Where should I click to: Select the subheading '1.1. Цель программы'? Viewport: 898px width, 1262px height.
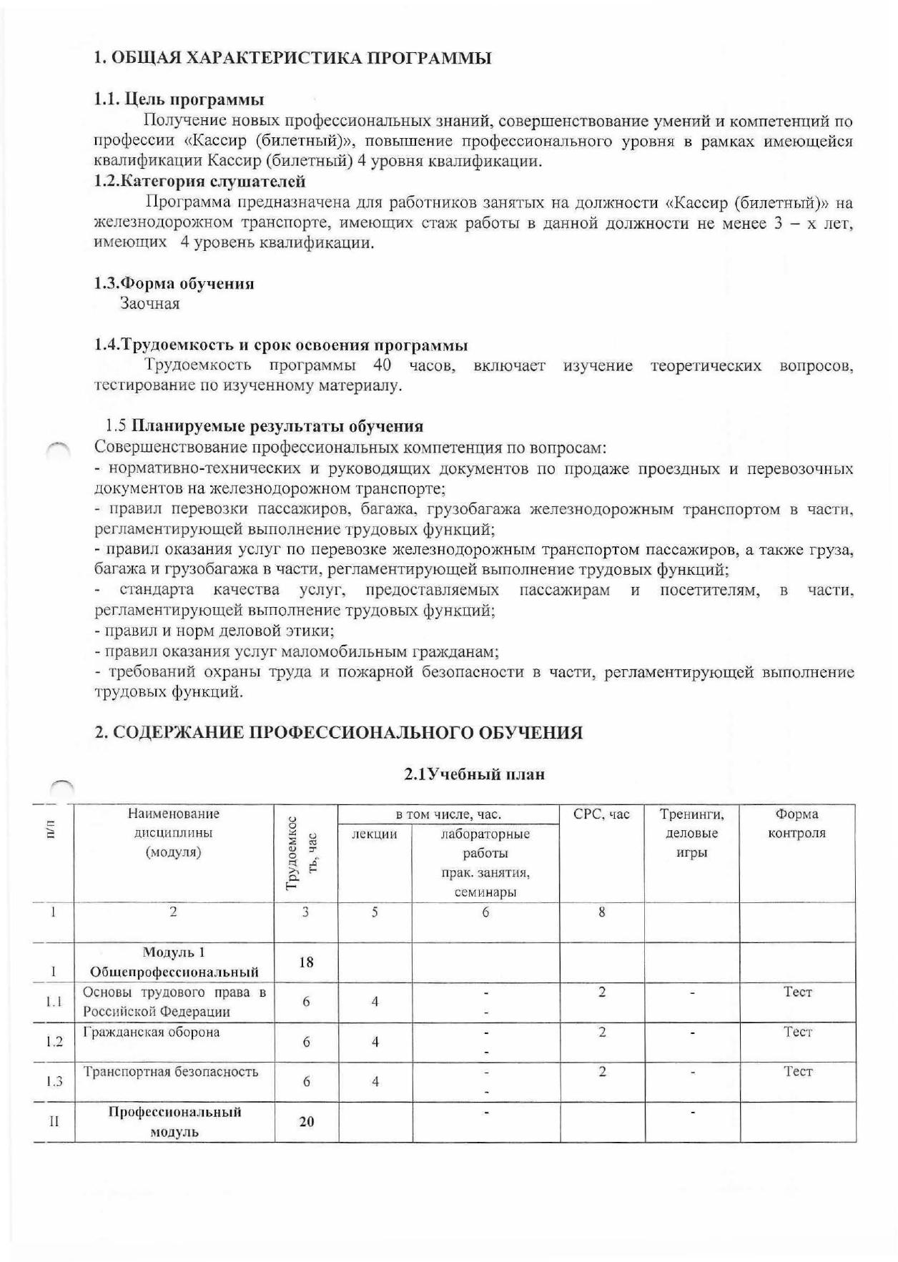(x=179, y=99)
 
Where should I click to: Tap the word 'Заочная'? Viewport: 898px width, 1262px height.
(x=149, y=304)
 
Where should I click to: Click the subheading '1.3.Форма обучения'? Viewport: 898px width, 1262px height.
(x=174, y=283)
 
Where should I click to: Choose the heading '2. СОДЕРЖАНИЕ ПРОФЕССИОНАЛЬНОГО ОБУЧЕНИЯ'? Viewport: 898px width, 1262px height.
(x=339, y=733)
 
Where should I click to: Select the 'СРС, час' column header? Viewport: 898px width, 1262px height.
(x=602, y=814)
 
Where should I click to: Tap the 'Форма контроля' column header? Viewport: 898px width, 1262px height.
(x=797, y=824)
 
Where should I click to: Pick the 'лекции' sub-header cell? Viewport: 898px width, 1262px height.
(x=375, y=834)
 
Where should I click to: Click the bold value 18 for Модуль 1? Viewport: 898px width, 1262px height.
(x=306, y=962)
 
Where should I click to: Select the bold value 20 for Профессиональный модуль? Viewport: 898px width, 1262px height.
(x=306, y=1122)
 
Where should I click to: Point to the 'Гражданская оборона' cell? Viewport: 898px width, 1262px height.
(x=152, y=1032)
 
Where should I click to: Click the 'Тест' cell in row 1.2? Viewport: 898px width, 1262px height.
(x=798, y=1032)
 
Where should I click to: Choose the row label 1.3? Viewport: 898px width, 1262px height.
(x=54, y=1082)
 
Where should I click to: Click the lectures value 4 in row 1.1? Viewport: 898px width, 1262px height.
(x=375, y=1002)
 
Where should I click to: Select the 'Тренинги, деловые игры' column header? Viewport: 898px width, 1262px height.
(x=691, y=834)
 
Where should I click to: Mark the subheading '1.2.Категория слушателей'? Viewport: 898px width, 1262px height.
(x=200, y=182)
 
